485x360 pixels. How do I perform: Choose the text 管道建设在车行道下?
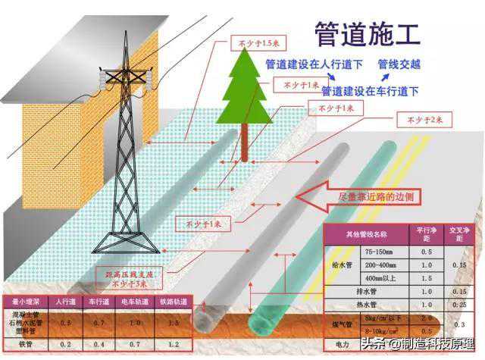tap(369, 91)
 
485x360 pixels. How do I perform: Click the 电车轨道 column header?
tap(134, 302)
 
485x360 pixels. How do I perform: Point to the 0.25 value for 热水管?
tap(458, 305)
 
